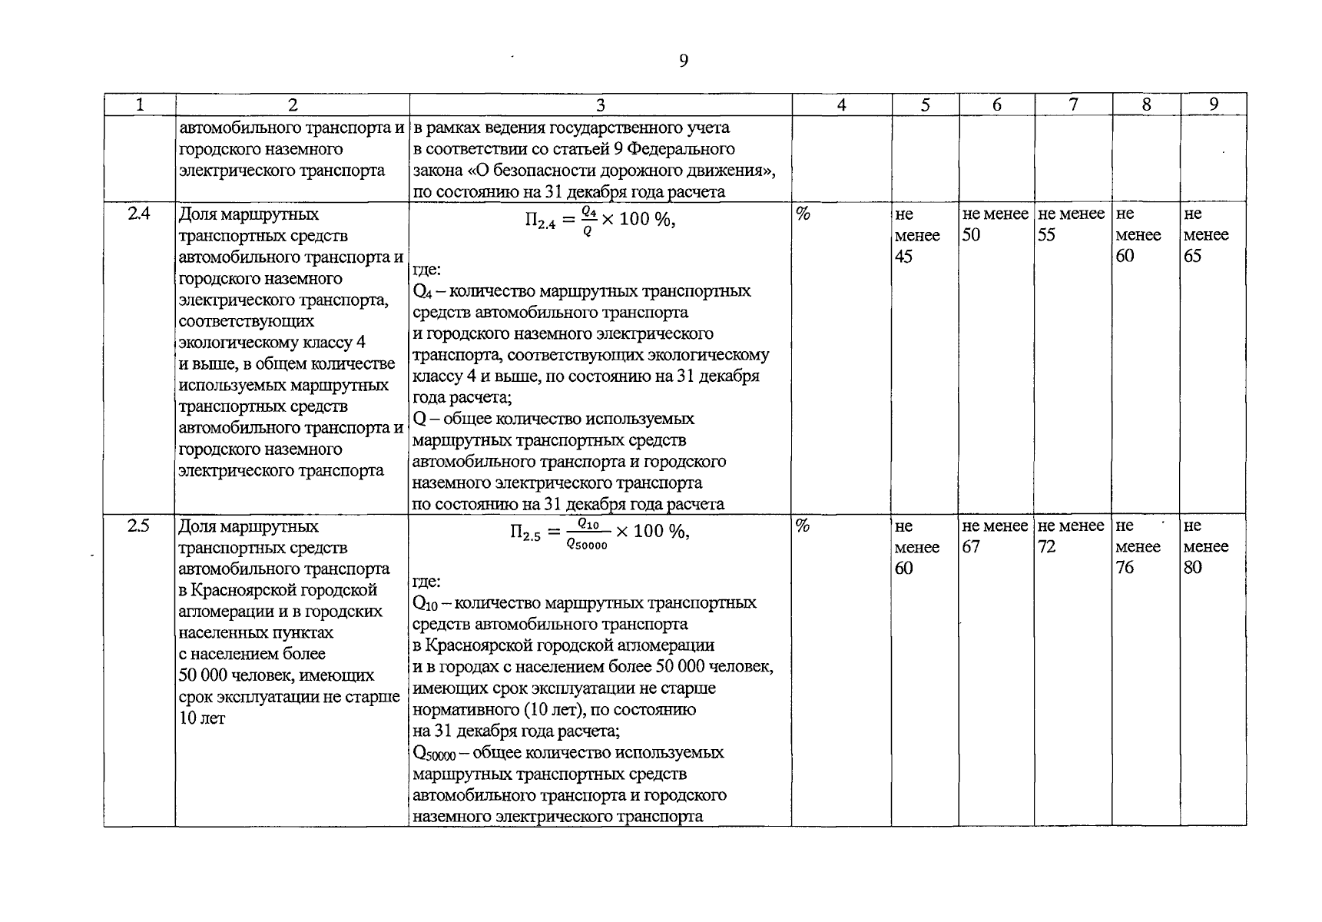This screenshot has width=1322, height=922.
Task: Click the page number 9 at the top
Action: [684, 61]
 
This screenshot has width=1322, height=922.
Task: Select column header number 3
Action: [600, 105]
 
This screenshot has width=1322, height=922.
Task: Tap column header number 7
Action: [1073, 104]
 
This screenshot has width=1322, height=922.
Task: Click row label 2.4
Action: [139, 214]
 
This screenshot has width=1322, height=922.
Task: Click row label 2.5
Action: [139, 526]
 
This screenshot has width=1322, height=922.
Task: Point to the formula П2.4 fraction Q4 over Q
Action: [599, 220]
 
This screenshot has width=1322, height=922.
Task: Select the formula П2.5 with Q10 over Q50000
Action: [599, 532]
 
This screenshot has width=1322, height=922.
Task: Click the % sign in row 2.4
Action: [803, 214]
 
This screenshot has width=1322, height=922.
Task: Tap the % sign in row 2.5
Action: [803, 526]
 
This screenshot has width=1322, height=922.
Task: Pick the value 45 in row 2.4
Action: [903, 257]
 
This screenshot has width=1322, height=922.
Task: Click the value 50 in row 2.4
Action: [971, 235]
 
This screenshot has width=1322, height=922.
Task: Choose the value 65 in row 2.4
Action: [1192, 257]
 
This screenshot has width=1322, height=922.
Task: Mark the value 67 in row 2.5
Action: [971, 547]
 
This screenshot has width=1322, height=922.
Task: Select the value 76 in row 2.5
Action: [1125, 569]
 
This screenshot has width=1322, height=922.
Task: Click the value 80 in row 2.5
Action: [1192, 569]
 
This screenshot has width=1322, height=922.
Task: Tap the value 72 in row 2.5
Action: [1046, 547]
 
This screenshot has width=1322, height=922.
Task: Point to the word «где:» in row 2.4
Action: [427, 270]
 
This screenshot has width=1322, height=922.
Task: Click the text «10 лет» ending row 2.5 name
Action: [201, 718]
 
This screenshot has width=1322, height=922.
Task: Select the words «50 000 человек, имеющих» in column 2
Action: [277, 676]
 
